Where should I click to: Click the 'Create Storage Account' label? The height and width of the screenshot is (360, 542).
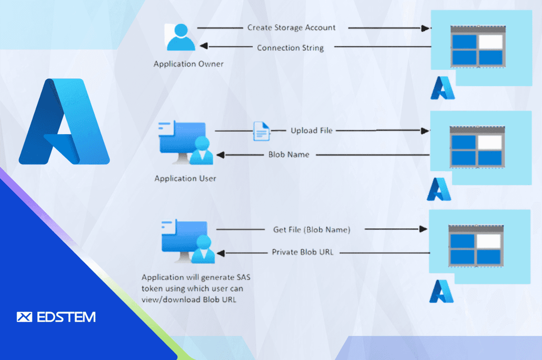click(x=291, y=27)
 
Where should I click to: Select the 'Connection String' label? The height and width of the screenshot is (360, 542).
click(x=290, y=48)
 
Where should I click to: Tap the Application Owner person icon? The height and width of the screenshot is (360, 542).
click(x=181, y=37)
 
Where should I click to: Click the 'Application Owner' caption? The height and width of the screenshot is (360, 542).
click(x=189, y=64)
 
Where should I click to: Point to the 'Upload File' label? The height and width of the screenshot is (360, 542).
click(x=311, y=131)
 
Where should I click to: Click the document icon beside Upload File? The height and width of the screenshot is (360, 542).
click(x=261, y=131)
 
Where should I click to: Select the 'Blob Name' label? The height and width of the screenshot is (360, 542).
click(x=289, y=155)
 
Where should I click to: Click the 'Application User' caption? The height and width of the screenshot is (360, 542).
click(x=185, y=178)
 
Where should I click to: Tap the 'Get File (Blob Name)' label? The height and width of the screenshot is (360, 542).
click(x=312, y=230)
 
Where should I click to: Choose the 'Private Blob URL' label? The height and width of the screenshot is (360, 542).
click(x=302, y=252)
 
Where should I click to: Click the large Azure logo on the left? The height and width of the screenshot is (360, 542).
click(x=64, y=122)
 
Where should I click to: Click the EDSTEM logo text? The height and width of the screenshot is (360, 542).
click(x=66, y=317)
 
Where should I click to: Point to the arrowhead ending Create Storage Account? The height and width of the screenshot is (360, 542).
click(x=425, y=28)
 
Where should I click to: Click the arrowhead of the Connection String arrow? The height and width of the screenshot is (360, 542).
click(x=204, y=46)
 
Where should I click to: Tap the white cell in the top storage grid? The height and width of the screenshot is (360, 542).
click(x=490, y=42)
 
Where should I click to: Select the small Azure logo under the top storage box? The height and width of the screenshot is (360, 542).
click(x=442, y=88)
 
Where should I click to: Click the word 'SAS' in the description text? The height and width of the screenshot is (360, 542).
click(x=243, y=277)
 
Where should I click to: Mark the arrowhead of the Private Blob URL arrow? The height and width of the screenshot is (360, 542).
click(x=220, y=253)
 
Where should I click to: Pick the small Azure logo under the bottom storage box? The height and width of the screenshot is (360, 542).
click(x=441, y=292)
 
